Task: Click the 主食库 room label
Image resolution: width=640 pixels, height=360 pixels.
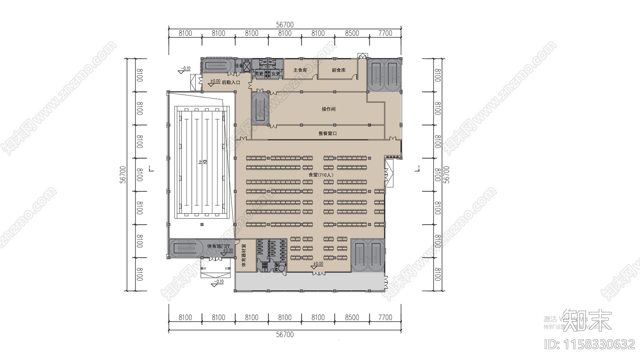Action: click(300, 70)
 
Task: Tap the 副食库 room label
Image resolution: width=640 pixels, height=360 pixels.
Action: click(338, 70)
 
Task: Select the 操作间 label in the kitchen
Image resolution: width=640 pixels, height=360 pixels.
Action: click(328, 109)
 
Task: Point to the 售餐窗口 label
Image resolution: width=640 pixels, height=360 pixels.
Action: click(328, 133)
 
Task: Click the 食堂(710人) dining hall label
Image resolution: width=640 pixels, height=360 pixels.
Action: click(321, 175)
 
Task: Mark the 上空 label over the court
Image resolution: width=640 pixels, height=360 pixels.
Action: click(203, 162)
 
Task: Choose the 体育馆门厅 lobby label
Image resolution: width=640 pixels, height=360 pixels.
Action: click(218, 246)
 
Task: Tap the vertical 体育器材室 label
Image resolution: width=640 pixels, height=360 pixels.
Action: click(244, 256)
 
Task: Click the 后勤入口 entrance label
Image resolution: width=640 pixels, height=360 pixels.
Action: click(231, 82)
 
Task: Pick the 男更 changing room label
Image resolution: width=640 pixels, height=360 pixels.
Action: click(259, 74)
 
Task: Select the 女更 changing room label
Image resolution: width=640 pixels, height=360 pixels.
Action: click(276, 74)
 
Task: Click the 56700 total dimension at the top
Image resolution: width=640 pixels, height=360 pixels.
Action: click(285, 25)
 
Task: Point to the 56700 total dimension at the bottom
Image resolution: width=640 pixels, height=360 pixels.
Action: click(285, 334)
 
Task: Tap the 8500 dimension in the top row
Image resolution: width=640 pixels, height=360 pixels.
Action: click(352, 33)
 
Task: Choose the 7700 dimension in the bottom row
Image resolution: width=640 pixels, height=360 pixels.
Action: click(385, 317)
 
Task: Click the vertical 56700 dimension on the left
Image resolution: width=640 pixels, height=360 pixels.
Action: click(123, 175)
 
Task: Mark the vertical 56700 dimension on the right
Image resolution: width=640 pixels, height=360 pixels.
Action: click(446, 175)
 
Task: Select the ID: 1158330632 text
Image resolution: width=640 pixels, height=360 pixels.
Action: click(590, 344)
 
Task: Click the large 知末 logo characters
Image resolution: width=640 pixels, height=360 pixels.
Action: click(587, 320)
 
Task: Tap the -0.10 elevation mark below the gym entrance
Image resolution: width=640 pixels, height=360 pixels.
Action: click(218, 282)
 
